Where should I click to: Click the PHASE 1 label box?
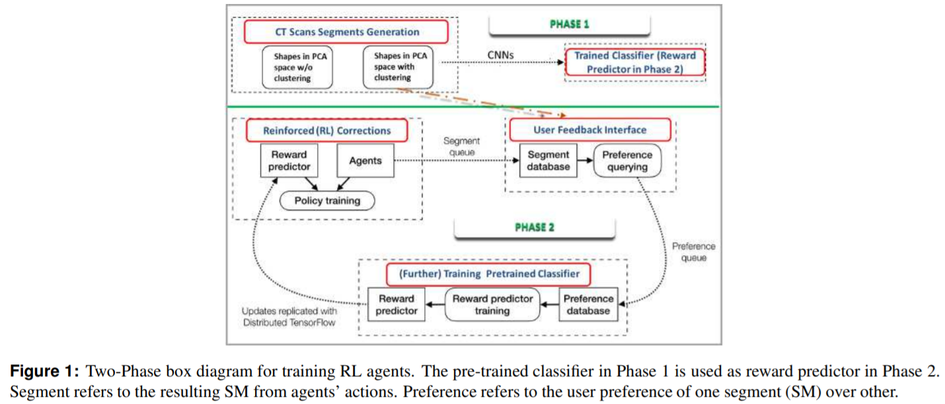point(569,25)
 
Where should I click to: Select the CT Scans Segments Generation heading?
point(346,32)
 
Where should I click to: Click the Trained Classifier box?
point(634,63)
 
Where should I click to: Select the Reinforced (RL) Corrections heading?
point(326,130)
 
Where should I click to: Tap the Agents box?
point(365,161)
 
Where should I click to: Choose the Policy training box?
point(327,200)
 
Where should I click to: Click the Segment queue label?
point(462,147)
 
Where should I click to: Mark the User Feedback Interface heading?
point(589,130)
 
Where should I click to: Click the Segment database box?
point(548,161)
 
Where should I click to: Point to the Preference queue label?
point(693,252)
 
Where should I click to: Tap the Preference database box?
point(588,304)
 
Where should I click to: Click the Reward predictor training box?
point(492,304)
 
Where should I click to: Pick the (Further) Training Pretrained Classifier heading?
point(489,273)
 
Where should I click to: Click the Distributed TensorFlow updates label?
point(289,317)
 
